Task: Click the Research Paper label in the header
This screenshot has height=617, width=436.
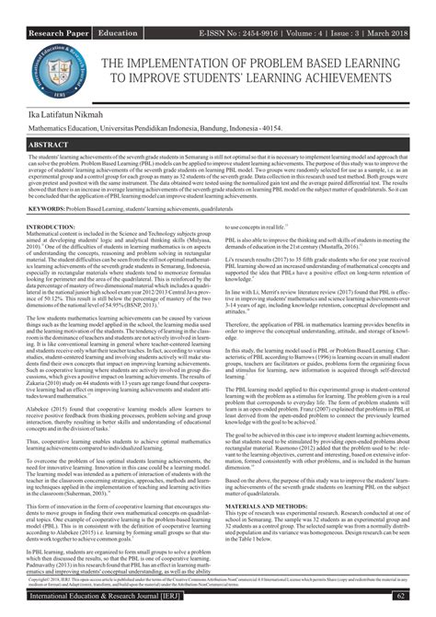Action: pos(58,7)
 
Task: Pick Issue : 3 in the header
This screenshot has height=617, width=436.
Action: pos(353,7)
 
